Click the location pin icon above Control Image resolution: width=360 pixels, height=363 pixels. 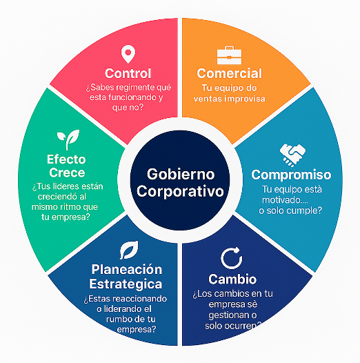click(x=128, y=54)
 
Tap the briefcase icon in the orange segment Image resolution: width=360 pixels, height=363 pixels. click(x=229, y=55)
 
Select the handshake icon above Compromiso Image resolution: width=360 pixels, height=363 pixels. click(x=292, y=155)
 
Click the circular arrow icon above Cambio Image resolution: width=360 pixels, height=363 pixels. click(x=232, y=258)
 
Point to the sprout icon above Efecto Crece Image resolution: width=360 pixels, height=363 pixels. click(x=68, y=139)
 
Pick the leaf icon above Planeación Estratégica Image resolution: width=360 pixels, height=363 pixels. click(x=129, y=250)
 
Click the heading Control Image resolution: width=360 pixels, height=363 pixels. click(x=128, y=73)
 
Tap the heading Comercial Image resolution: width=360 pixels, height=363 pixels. click(x=229, y=73)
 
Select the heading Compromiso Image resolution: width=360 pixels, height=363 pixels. click(x=291, y=175)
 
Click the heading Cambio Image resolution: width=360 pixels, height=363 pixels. click(x=232, y=279)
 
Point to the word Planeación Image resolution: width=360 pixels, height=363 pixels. click(x=127, y=269)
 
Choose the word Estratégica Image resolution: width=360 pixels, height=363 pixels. click(x=126, y=284)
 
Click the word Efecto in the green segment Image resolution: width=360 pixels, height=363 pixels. click(x=66, y=159)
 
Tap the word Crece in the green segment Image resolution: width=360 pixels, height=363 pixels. click(x=67, y=173)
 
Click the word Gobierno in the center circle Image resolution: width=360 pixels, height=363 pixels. click(x=181, y=174)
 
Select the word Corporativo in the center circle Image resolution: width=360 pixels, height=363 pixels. click(x=180, y=191)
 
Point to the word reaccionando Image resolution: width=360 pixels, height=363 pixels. click(x=140, y=299)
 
